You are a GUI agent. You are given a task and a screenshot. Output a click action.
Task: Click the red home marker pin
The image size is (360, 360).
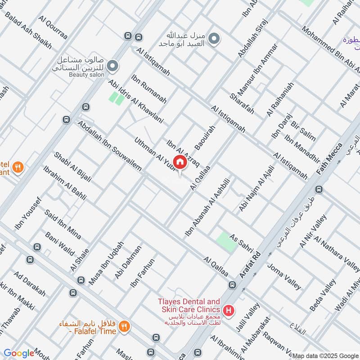180,162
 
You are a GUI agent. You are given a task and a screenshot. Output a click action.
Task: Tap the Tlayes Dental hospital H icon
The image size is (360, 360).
229,310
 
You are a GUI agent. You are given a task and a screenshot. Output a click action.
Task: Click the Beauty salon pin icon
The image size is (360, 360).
112,67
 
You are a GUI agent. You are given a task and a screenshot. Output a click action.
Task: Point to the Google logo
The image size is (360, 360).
19,353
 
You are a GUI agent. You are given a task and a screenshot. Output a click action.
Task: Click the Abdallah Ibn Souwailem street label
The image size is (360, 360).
109,145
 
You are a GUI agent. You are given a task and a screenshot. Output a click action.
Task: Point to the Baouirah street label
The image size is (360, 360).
205,138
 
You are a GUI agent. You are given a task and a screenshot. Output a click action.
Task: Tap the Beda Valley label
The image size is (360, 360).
323,295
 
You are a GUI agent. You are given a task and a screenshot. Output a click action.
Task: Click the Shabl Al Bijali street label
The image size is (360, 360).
72,166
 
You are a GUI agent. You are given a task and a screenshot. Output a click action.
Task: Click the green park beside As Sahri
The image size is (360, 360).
226,242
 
